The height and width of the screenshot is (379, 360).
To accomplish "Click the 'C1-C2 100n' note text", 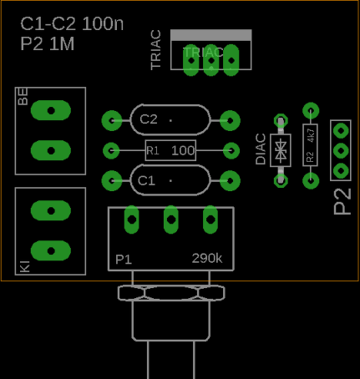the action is pos(72,23).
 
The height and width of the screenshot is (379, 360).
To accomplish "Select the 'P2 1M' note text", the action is pos(48,43).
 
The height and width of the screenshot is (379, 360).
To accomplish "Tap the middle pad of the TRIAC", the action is pos(211,60).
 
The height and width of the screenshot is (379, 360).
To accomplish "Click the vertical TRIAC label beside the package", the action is pos(155,50).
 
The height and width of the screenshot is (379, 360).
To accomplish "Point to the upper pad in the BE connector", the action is pos(51,110).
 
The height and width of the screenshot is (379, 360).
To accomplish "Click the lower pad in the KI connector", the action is pos(51,250).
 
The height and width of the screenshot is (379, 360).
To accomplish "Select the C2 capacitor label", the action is pos(149,119).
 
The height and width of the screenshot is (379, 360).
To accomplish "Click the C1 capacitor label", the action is pos(146,180).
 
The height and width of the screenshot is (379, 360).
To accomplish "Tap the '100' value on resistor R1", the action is pos(183,150).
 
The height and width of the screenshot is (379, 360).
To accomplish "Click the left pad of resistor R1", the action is pos(111,150).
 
